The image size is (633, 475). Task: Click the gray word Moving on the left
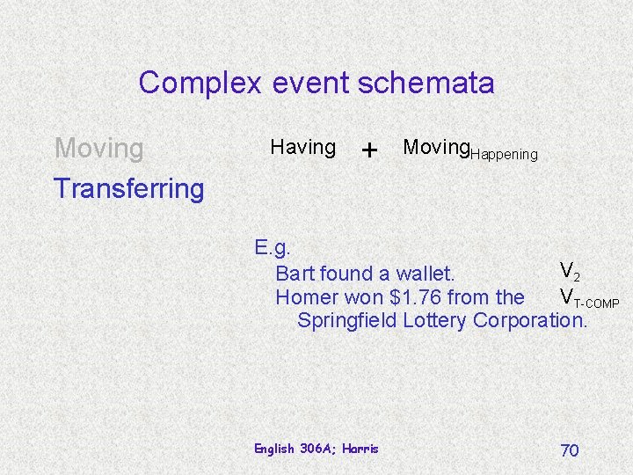(98, 148)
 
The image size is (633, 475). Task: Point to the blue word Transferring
(128, 187)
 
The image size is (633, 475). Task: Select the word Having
(302, 147)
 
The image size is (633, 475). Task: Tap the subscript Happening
(504, 155)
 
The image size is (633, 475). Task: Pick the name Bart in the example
(295, 274)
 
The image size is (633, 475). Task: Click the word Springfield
(347, 319)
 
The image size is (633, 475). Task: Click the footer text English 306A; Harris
(316, 449)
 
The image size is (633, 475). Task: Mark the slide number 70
(570, 450)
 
